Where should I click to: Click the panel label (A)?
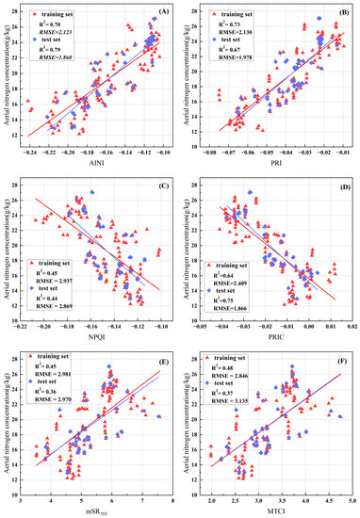click(x=164, y=11)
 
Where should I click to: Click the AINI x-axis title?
click(x=100, y=164)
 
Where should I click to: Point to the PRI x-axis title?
click(x=277, y=164)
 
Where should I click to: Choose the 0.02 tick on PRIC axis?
click(x=351, y=326)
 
